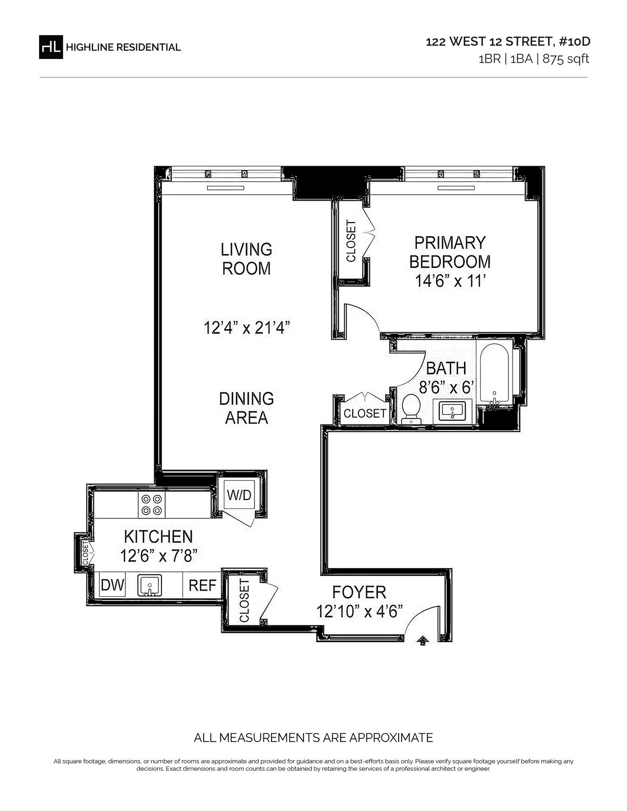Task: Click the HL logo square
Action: pyautogui.click(x=51, y=47)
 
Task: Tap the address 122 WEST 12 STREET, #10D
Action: pyautogui.click(x=508, y=42)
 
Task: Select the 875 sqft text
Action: pyautogui.click(x=566, y=59)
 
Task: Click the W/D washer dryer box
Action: pyautogui.click(x=239, y=495)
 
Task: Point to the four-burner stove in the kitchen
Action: pyautogui.click(x=152, y=505)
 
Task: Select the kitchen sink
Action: pyautogui.click(x=149, y=585)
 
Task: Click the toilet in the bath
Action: pyautogui.click(x=411, y=409)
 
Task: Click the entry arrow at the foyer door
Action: pyautogui.click(x=423, y=641)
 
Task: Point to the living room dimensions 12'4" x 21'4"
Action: pyautogui.click(x=247, y=328)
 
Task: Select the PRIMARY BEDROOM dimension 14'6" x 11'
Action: pyautogui.click(x=450, y=281)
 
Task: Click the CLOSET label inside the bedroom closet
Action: pyautogui.click(x=351, y=241)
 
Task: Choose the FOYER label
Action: pyautogui.click(x=359, y=592)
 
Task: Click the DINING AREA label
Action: pyautogui.click(x=247, y=408)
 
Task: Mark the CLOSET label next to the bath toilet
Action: pyautogui.click(x=365, y=413)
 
